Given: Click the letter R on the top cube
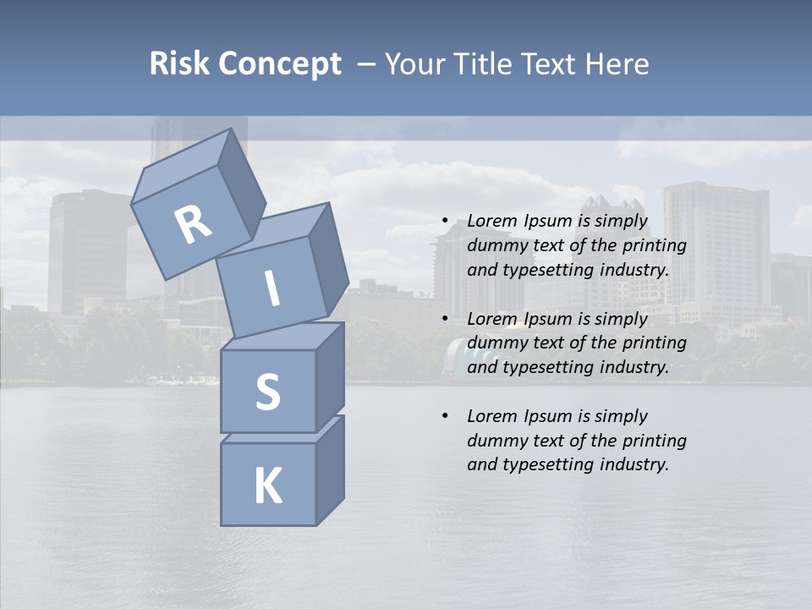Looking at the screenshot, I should [x=193, y=225].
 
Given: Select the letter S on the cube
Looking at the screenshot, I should [x=267, y=392].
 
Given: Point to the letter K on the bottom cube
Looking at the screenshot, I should [x=267, y=486].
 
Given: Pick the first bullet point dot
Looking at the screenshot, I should [x=444, y=222].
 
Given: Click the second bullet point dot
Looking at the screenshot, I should [x=444, y=319].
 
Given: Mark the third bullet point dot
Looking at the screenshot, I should [x=444, y=416].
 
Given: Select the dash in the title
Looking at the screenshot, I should [x=367, y=64].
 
